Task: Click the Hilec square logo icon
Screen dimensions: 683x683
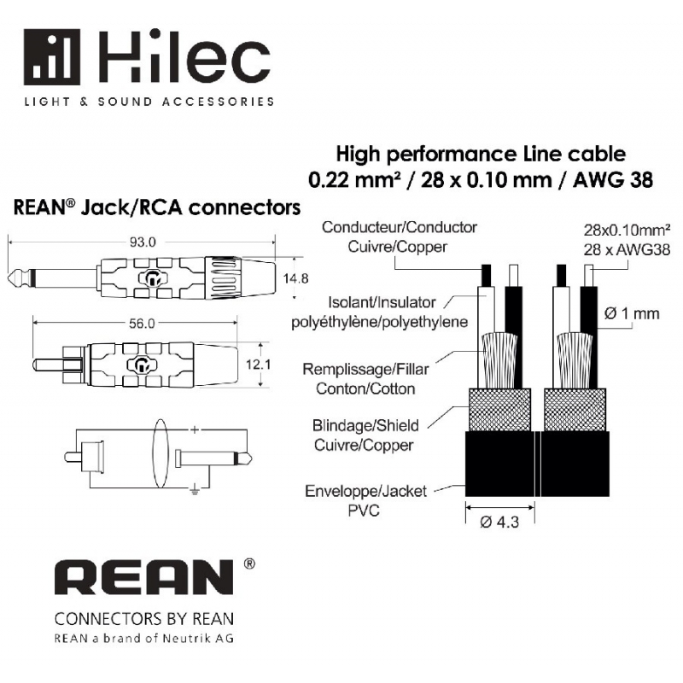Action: click(x=52, y=57)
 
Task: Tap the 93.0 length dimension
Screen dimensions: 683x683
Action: click(x=143, y=242)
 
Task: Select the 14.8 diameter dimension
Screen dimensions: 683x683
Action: click(x=295, y=278)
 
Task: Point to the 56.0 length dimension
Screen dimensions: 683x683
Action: click(x=142, y=324)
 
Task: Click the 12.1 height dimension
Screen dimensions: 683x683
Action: click(x=259, y=365)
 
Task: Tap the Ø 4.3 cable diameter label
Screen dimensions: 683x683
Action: click(x=499, y=522)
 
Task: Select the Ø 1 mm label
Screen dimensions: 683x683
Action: click(x=632, y=313)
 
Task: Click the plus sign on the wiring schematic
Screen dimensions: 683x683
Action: click(x=195, y=430)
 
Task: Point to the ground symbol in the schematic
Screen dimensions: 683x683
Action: click(x=195, y=490)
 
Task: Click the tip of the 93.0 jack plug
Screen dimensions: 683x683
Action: click(x=9, y=277)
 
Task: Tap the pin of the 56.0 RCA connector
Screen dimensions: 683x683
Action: click(x=49, y=365)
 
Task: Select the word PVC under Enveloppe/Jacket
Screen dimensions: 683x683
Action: click(x=364, y=511)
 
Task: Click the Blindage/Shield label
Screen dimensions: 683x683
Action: click(x=365, y=425)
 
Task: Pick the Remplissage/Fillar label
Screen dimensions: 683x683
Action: click(x=365, y=370)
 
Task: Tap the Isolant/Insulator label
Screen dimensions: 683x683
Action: click(x=382, y=302)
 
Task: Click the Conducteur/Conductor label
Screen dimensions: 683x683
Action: click(x=400, y=227)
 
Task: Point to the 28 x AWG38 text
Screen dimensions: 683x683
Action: click(x=627, y=250)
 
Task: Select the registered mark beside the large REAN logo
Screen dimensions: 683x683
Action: click(x=249, y=563)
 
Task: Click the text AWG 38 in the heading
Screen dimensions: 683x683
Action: click(x=612, y=180)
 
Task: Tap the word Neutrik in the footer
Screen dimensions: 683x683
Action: click(x=181, y=639)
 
